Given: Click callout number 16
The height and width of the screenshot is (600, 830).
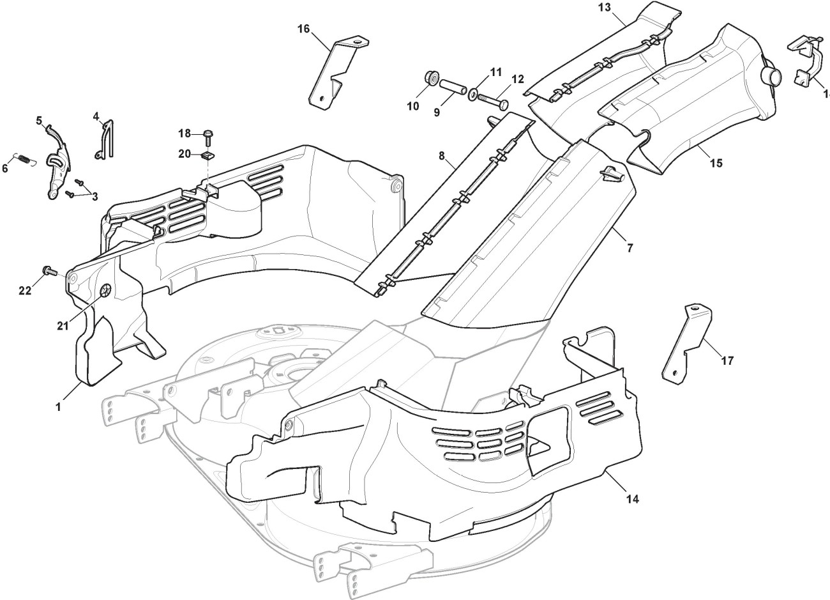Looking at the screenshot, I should click(303, 28).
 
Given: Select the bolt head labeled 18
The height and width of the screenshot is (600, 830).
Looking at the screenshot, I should click(209, 134).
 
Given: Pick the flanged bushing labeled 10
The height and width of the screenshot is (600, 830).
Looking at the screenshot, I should click(432, 79).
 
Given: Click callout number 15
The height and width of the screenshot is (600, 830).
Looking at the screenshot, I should click(715, 163).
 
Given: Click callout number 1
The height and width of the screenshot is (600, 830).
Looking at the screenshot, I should click(58, 406).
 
